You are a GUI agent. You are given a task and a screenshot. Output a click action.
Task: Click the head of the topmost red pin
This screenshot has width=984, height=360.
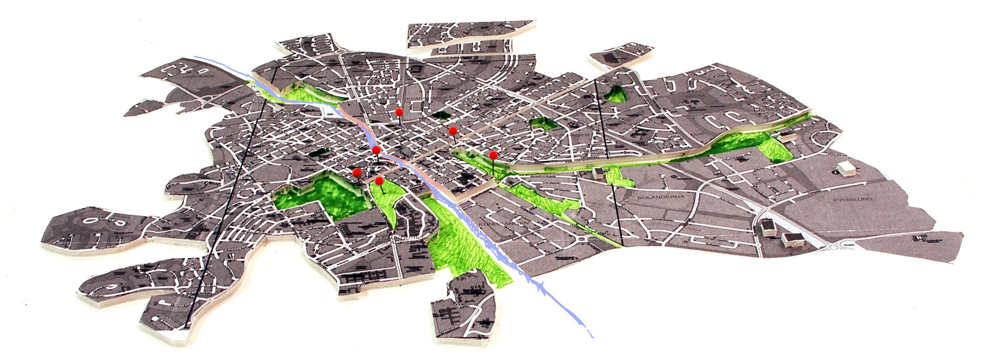tap(399, 112)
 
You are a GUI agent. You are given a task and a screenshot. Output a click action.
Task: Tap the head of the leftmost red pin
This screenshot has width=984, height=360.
tap(357, 173)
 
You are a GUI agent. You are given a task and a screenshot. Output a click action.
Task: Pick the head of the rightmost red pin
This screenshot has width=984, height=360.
tap(493, 155)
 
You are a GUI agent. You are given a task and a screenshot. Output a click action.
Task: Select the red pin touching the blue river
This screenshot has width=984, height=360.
tap(376, 150)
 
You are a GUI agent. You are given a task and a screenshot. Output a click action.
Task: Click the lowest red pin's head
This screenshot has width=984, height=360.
tap(379, 181)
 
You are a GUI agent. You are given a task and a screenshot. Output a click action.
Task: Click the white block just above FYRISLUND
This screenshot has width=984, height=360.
tap(846, 168)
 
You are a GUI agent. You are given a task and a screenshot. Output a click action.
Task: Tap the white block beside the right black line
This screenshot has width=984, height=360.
tap(599, 173)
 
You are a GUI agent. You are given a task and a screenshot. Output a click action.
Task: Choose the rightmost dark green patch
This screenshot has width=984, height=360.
tap(615, 94)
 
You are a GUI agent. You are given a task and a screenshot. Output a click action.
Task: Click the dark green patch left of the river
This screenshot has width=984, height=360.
tap(317, 153)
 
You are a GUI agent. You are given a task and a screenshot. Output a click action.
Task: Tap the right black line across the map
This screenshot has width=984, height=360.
tap(608, 159)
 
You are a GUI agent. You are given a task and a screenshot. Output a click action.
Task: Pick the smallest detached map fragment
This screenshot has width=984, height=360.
tap(620, 55)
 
